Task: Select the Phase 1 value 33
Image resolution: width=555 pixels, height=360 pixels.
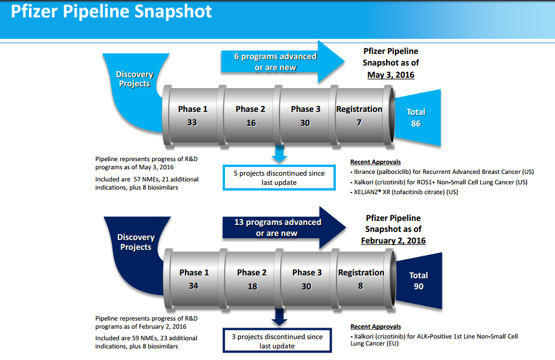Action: [193, 123]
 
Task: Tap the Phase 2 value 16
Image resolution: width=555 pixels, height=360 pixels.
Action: [251, 123]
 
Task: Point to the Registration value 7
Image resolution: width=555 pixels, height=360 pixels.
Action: [360, 123]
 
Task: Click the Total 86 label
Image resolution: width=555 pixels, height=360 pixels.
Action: [416, 118]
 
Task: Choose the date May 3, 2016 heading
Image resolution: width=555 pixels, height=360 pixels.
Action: [390, 75]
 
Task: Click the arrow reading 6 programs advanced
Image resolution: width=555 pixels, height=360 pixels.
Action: [275, 62]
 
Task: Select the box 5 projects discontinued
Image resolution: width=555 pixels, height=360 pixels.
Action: [280, 177]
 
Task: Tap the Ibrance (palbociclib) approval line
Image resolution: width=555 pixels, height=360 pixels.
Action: [442, 172]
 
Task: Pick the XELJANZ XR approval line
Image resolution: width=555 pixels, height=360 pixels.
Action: [404, 192]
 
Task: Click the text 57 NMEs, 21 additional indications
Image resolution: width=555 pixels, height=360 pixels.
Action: [146, 184]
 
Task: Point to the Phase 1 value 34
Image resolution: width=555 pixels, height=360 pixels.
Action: [193, 286]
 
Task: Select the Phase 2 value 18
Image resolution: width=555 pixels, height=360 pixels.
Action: [252, 286]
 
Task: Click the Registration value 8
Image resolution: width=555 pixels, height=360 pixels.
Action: [360, 286]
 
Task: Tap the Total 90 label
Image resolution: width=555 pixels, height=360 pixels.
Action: [418, 281]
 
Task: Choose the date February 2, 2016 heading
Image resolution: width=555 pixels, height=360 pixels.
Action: [393, 241]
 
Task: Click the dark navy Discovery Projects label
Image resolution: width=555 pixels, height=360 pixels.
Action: [136, 242]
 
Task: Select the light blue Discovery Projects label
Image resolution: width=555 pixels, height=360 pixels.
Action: [135, 79]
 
